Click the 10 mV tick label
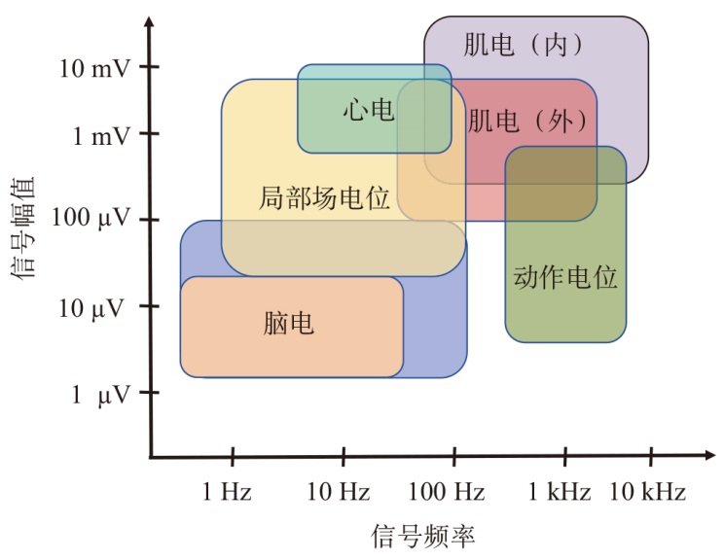93,68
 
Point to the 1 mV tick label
100,136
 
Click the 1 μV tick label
100,394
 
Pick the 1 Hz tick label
228,492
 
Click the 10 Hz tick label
339,492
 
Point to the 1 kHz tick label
560,492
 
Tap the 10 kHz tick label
647,492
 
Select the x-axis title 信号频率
423,536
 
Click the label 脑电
289,325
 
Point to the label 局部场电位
324,199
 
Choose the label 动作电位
565,277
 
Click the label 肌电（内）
523,44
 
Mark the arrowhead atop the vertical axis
150,23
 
